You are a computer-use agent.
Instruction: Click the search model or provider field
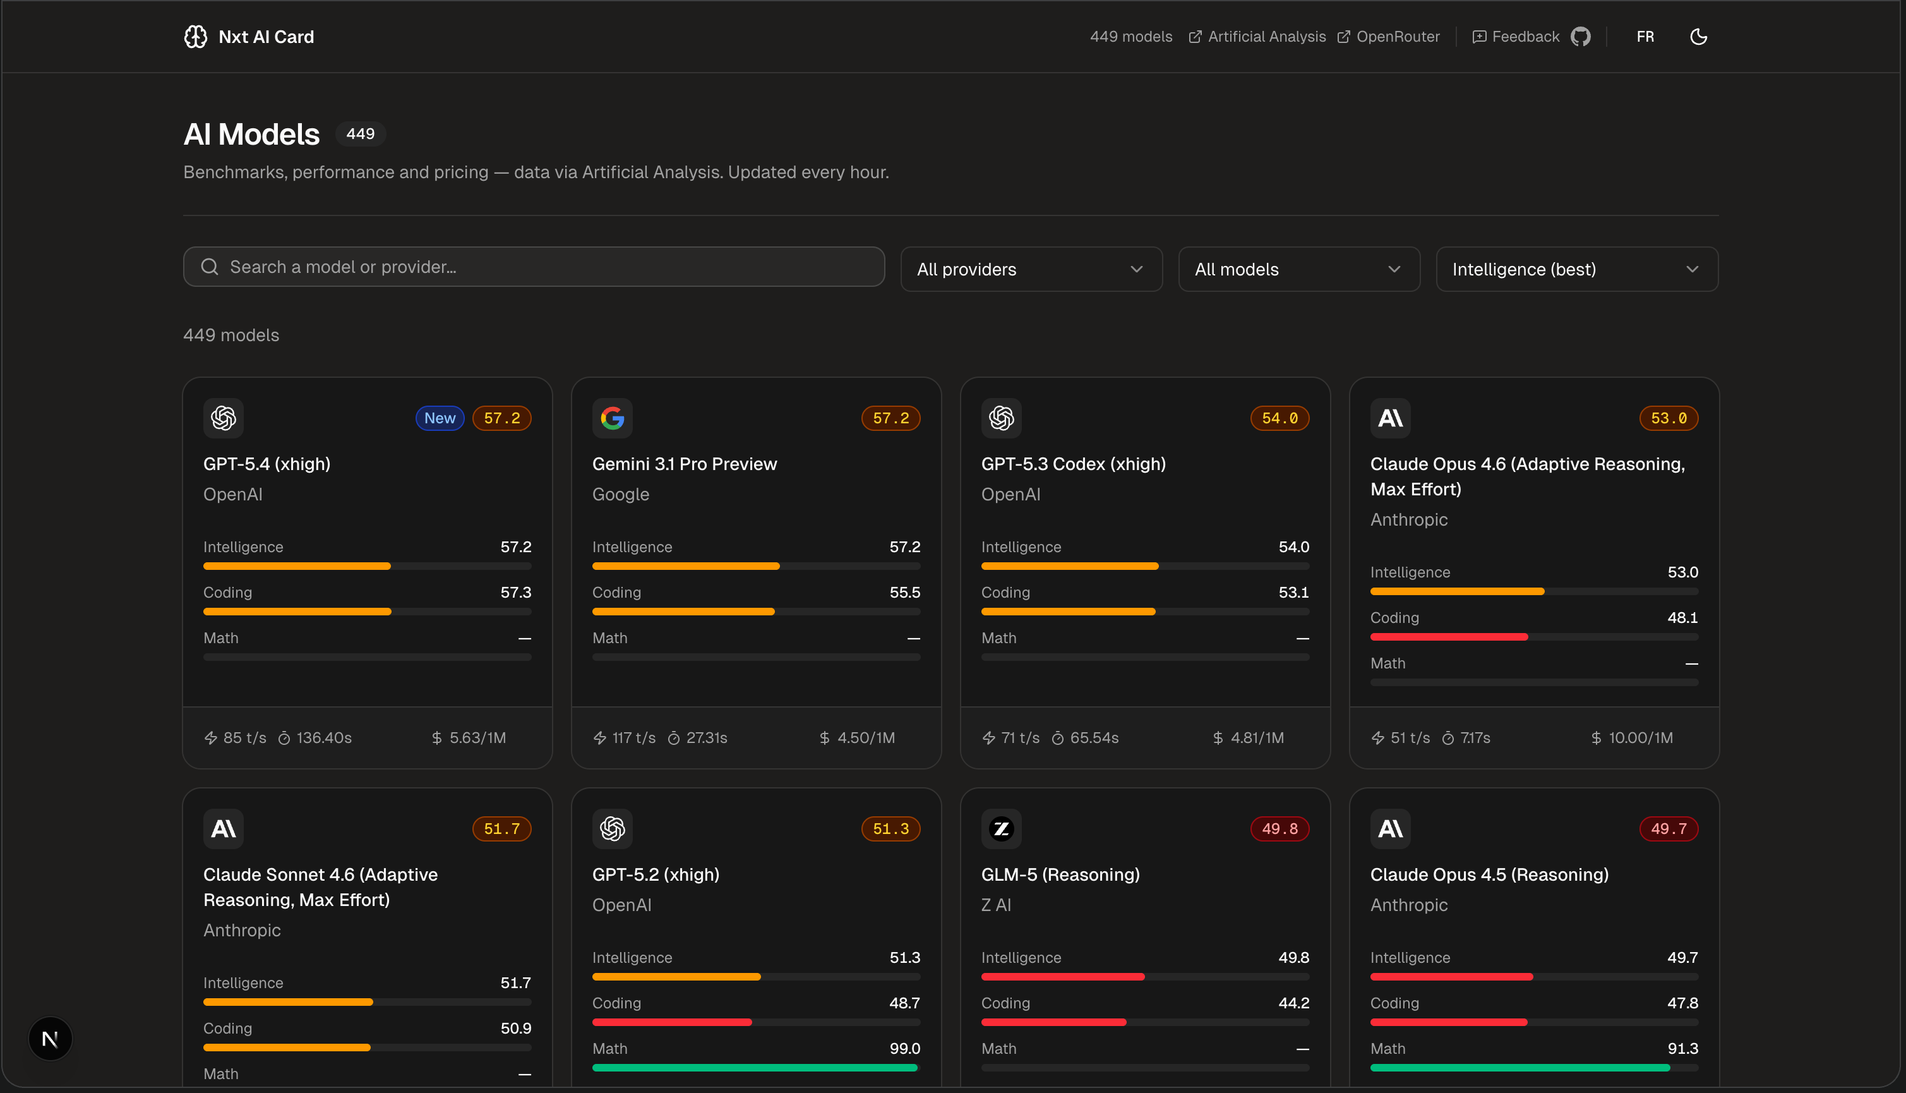533,267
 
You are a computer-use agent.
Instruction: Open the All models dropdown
1298,269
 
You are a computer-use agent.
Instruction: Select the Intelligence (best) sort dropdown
1576,269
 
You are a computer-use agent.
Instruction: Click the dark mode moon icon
1698,37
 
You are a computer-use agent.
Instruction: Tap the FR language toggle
1645,37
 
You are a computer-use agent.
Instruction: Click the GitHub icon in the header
1580,37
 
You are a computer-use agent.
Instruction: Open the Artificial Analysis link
1257,37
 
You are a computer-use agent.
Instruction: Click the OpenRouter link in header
1389,37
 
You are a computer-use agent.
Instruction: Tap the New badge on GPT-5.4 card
440,418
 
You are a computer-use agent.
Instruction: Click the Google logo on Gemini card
613,418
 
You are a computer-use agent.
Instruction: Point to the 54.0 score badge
1280,418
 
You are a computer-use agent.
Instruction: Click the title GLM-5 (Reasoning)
1060,874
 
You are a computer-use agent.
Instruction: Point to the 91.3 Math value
1682,1049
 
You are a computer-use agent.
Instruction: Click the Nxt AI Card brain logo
195,37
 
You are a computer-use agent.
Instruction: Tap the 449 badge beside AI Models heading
360,133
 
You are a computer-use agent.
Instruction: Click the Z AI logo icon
1001,829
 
